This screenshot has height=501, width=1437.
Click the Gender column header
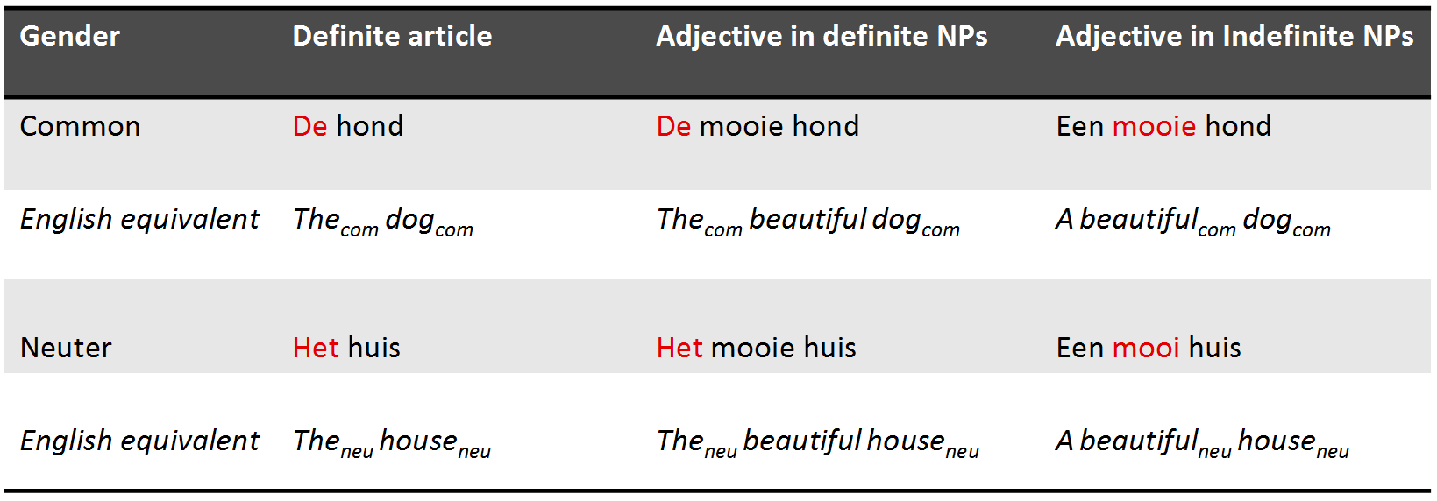point(69,36)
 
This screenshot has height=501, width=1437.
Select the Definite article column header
point(392,36)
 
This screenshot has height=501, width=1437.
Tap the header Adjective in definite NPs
point(822,36)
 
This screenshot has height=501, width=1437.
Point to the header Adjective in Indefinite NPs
point(1234,36)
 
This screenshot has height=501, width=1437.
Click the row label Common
point(80,126)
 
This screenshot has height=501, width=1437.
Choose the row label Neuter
point(66,348)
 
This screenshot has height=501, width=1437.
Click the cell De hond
point(348,125)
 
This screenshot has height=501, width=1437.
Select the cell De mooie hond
point(757,125)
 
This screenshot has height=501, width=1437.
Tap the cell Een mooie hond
point(1163,125)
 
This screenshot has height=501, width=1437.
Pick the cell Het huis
point(346,348)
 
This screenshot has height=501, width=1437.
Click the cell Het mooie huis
point(756,348)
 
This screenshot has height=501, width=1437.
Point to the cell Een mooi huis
point(1149,348)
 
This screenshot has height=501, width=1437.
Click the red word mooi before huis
point(1146,348)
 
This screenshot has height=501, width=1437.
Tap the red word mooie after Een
point(1154,126)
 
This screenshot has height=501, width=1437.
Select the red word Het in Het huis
point(316,348)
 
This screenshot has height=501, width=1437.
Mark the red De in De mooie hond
point(673,126)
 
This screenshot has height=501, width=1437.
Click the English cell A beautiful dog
point(1193,222)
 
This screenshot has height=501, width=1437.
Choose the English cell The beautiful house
point(818,443)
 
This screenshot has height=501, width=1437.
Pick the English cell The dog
point(383,222)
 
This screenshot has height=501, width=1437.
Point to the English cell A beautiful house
point(1202,443)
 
